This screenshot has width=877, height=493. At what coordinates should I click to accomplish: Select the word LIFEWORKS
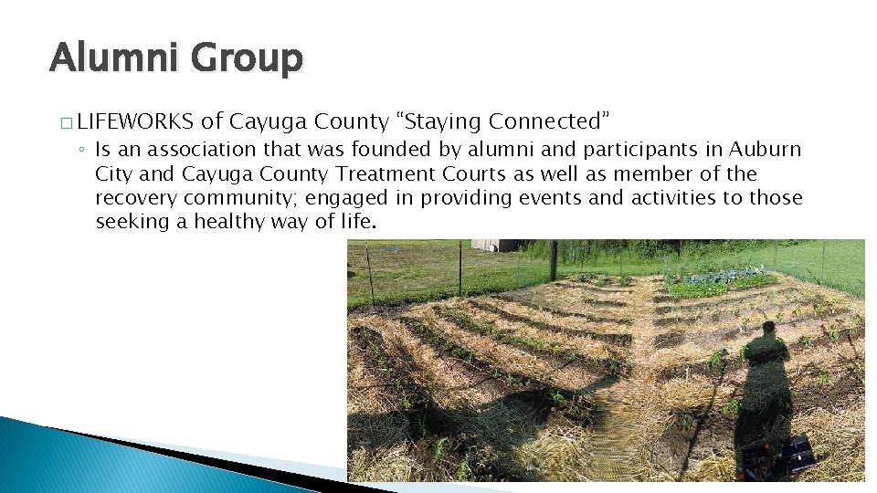tap(135, 121)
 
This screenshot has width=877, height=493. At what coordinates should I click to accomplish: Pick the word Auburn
tap(762, 150)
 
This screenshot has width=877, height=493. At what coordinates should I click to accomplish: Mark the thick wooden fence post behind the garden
tap(554, 260)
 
